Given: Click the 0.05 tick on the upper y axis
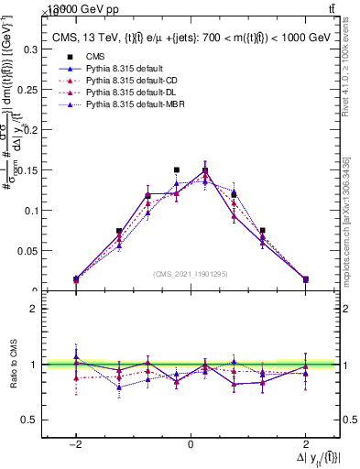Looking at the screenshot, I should pos(30,250).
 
